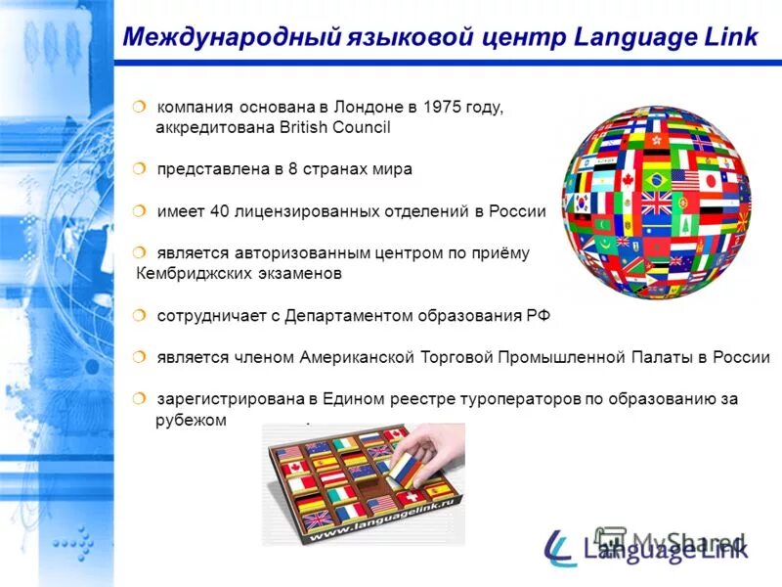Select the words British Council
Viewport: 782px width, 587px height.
coord(334,127)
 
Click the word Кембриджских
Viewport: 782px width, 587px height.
coord(188,274)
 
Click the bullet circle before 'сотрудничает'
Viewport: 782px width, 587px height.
coord(141,315)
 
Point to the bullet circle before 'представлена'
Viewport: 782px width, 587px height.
coord(141,168)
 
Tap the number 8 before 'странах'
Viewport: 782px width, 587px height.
coord(293,169)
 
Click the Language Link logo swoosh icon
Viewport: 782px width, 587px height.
coord(560,546)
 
